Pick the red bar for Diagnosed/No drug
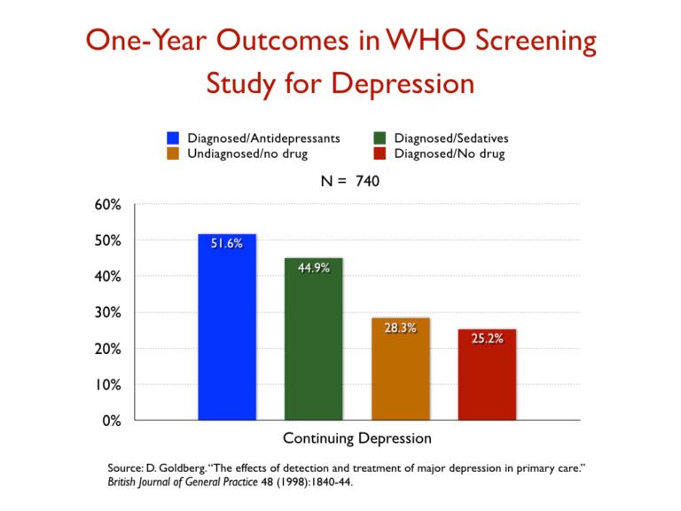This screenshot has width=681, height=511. click(487, 373)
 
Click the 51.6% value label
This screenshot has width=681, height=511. click(227, 244)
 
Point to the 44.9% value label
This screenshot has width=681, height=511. click(313, 268)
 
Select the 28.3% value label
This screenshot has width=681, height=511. click(400, 328)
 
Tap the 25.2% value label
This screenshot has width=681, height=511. click(487, 339)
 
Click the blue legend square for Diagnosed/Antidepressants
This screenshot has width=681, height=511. click(173, 138)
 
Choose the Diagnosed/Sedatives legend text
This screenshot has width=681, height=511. click(451, 138)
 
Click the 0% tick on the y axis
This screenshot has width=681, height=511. click(111, 421)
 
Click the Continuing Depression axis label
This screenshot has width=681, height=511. click(357, 438)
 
